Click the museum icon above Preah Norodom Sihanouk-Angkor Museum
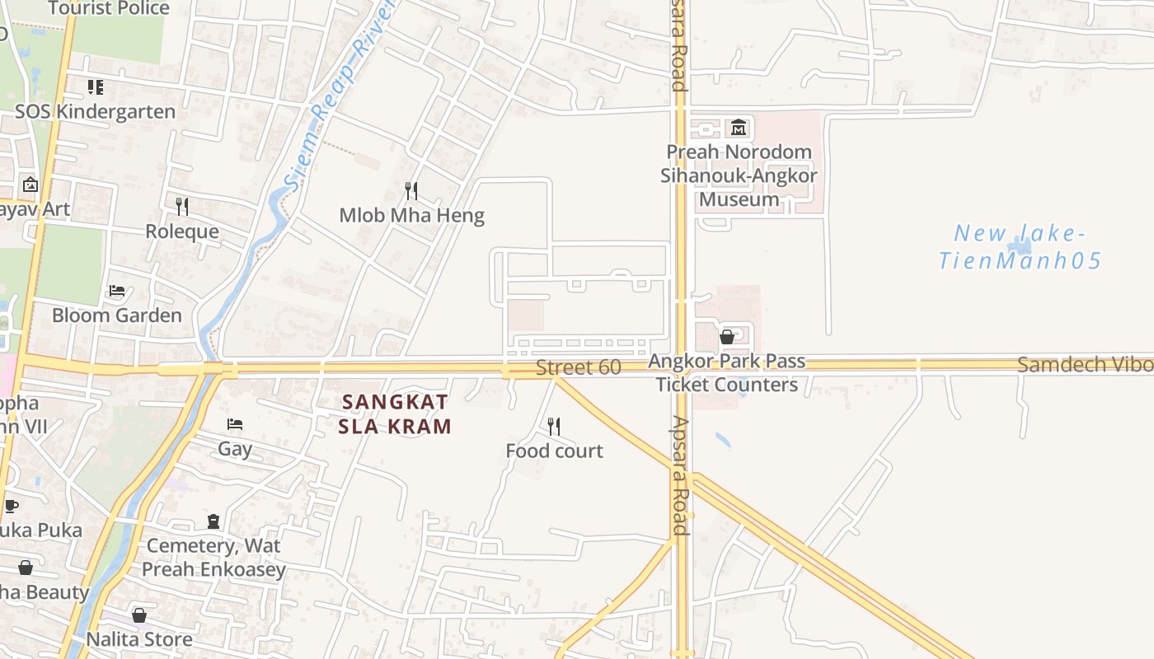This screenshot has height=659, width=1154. [738, 128]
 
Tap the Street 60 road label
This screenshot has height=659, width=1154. [578, 367]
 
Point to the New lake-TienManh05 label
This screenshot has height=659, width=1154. [1020, 247]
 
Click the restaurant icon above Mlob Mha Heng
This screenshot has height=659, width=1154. [411, 192]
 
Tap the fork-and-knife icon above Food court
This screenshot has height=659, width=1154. [554, 427]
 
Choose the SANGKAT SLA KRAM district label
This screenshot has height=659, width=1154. [395, 414]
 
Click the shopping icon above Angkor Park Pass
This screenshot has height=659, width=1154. [727, 337]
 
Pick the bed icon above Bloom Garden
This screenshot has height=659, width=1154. [117, 292]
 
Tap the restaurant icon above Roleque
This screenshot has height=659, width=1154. [182, 207]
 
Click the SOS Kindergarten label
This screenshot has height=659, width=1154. [96, 112]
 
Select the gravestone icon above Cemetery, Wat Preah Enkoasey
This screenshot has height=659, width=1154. [213, 521]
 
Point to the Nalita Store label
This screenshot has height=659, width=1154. [140, 639]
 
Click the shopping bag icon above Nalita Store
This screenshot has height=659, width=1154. [139, 615]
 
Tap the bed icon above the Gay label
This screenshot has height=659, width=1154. [235, 425]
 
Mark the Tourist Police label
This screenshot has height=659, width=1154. [109, 9]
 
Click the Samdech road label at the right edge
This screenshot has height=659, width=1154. [1085, 365]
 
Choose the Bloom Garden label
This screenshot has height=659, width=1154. [117, 315]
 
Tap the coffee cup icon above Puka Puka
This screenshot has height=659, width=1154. [11, 506]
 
